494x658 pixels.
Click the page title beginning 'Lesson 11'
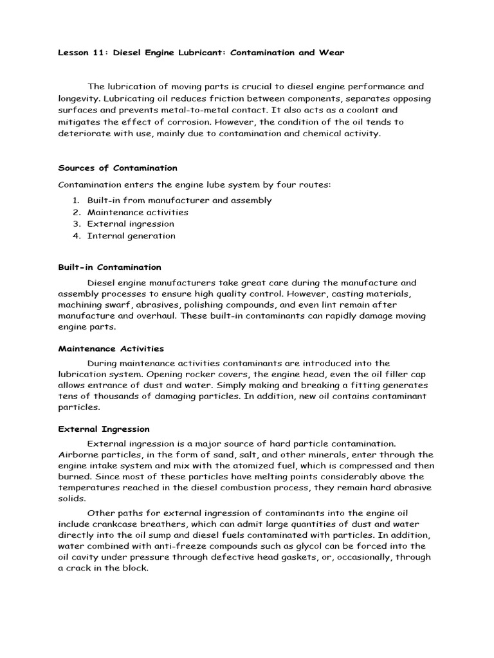[201, 53]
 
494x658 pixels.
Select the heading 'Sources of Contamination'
[118, 168]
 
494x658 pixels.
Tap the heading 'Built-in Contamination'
[110, 267]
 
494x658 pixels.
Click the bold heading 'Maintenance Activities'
[111, 349]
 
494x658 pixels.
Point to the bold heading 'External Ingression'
[104, 429]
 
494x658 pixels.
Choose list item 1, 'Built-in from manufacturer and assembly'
[179, 200]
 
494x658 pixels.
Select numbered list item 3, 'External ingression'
[131, 224]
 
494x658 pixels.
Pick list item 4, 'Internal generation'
[131, 236]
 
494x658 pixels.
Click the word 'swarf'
[122, 305]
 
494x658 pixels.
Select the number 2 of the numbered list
[75, 213]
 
